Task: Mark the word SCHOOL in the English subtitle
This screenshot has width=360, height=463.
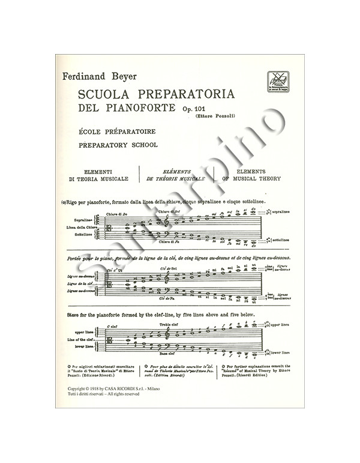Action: point(140,145)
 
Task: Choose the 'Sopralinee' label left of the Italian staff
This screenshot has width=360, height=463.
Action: point(86,220)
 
